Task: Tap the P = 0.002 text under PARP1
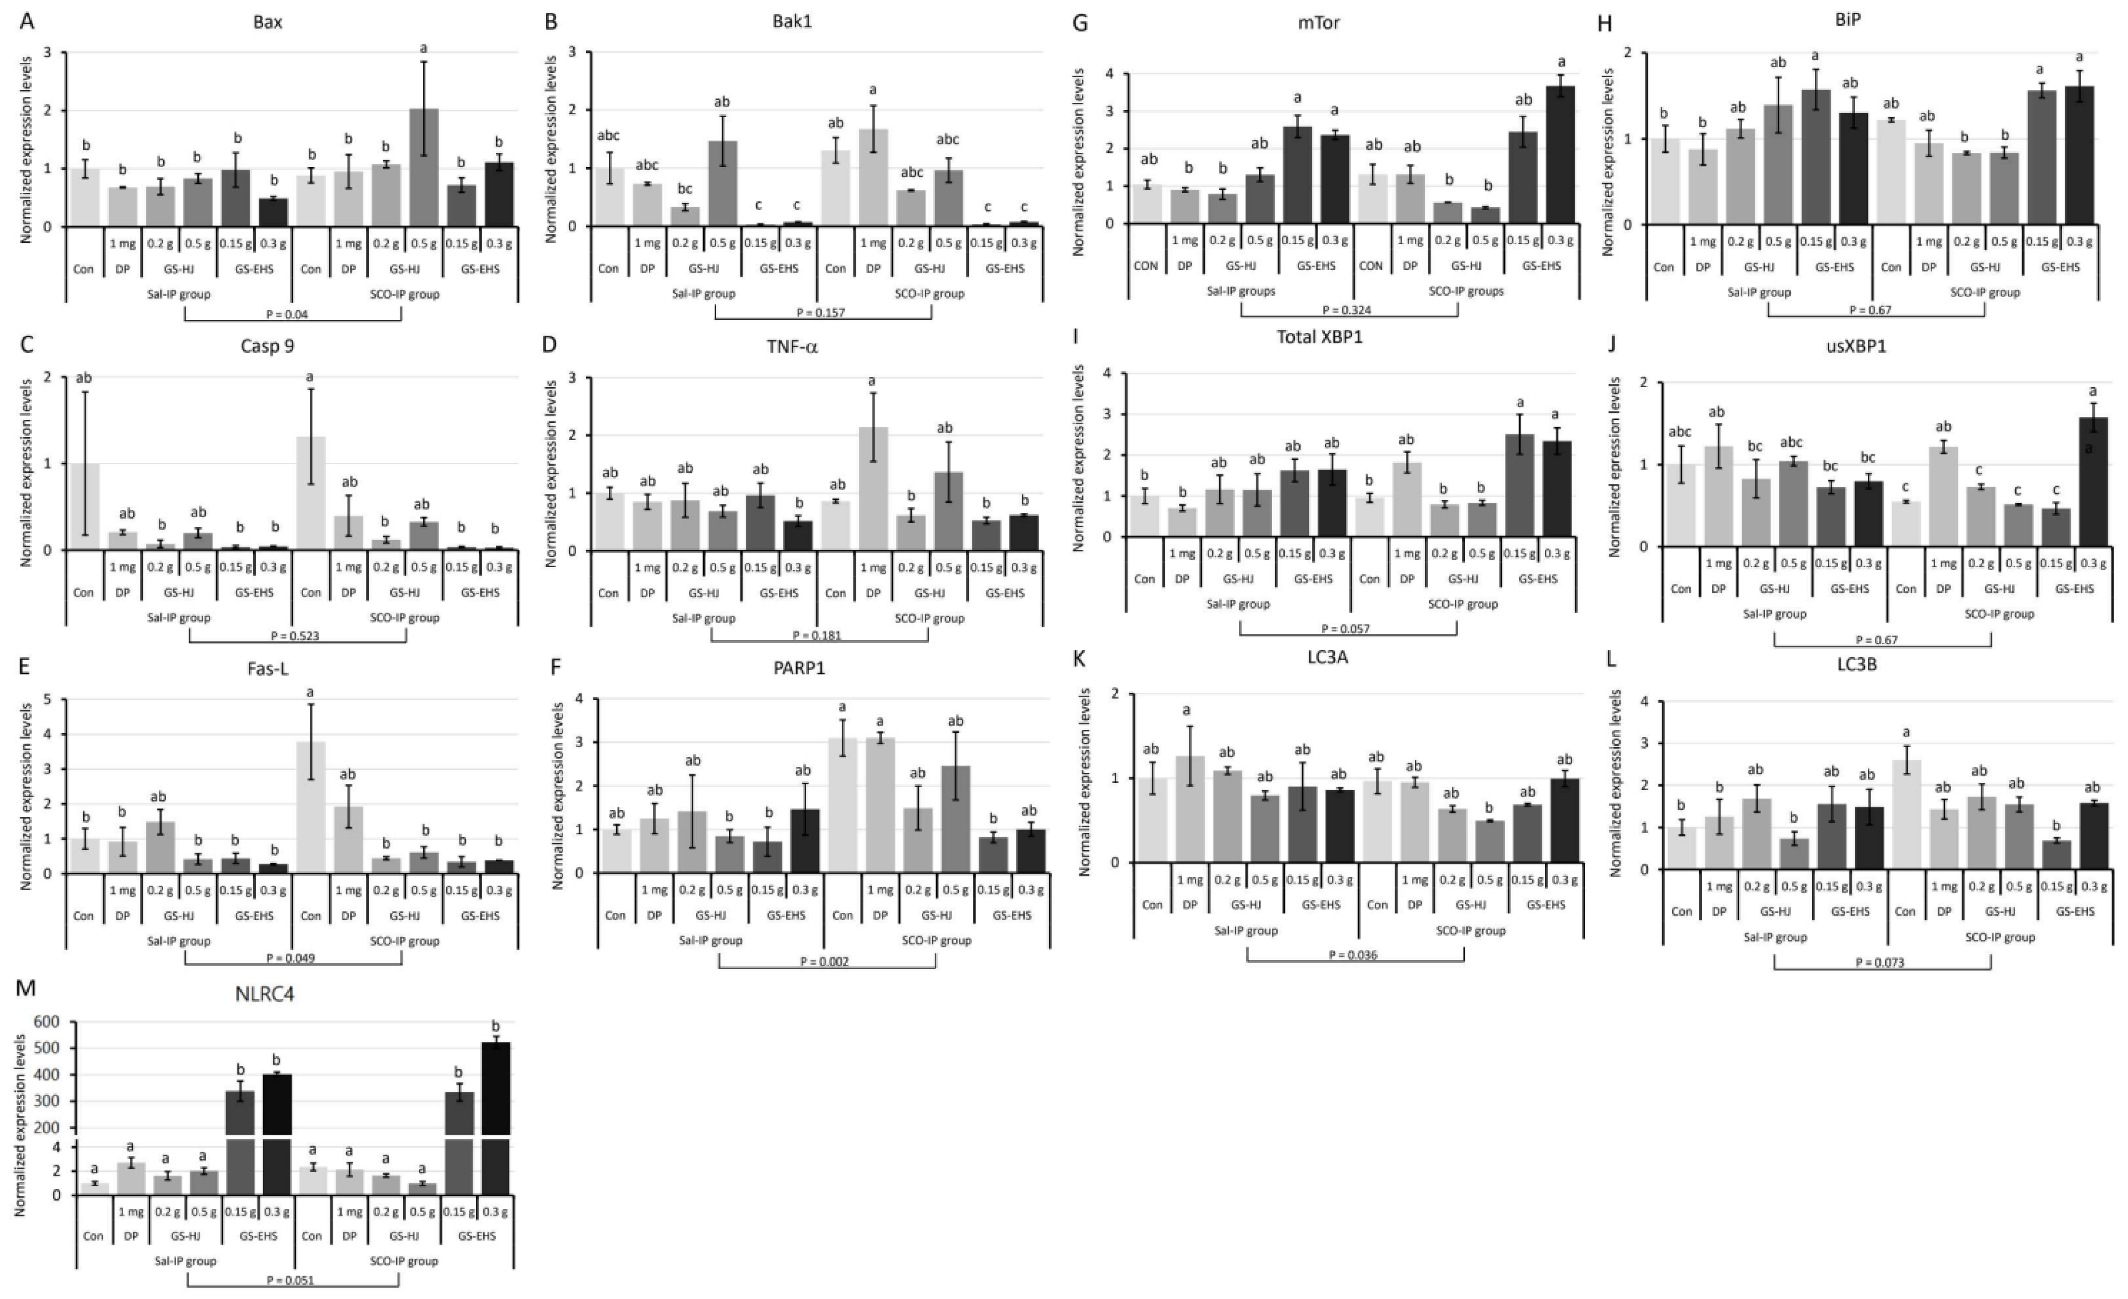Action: (826, 961)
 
